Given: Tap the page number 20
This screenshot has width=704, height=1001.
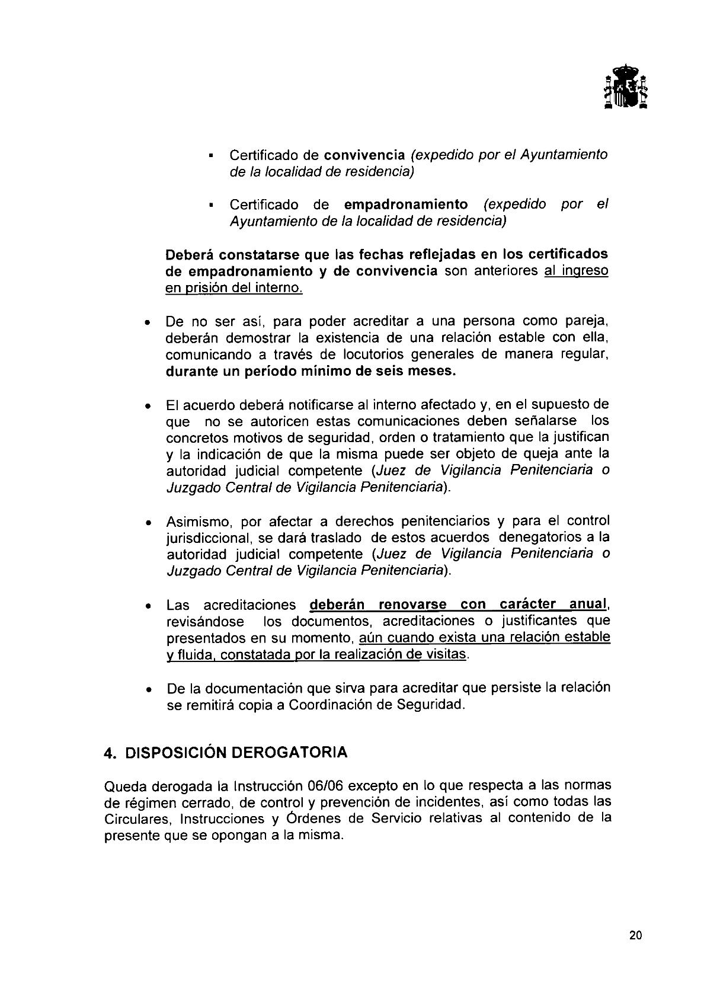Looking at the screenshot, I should pyautogui.click(x=636, y=936).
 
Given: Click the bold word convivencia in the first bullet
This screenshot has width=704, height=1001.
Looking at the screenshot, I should pyautogui.click(x=364, y=155).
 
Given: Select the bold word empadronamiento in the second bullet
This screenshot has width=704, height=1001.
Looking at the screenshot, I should pyautogui.click(x=405, y=204).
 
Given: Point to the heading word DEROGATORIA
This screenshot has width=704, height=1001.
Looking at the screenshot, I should pyautogui.click(x=289, y=753).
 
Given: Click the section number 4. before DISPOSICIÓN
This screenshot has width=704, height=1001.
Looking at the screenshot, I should pyautogui.click(x=109, y=753).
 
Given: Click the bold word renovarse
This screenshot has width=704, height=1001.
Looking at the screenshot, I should pyautogui.click(x=412, y=605).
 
